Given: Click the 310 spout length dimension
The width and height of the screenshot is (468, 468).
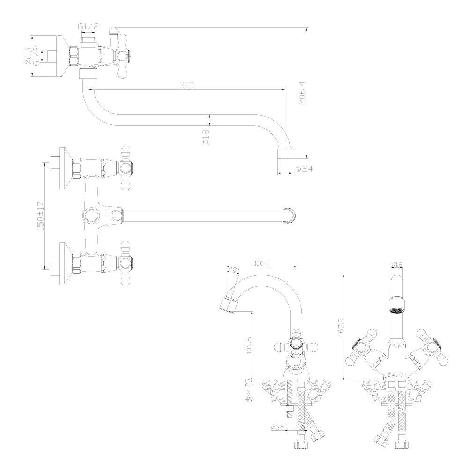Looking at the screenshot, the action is [187, 85].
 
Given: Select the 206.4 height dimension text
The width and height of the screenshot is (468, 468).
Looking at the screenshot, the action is [302, 93].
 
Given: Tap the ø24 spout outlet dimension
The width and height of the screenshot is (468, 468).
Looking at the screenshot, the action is [305, 169].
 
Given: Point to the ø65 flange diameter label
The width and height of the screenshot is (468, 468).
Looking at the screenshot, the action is [28, 56].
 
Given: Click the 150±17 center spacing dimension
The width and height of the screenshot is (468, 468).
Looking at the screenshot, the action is [41, 216].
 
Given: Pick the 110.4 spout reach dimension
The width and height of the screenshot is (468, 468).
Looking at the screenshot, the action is [261, 263].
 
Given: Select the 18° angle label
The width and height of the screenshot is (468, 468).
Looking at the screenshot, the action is [234, 270].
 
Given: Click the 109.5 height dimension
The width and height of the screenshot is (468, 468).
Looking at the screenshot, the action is [249, 345].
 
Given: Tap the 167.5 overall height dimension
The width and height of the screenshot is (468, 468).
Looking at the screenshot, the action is [341, 327].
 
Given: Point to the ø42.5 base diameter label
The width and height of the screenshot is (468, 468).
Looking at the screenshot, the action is [397, 374].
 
